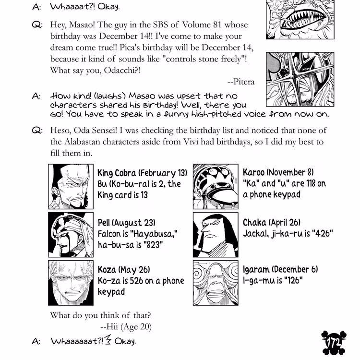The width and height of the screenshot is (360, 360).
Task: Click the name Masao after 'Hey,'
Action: pyautogui.click(x=86, y=24)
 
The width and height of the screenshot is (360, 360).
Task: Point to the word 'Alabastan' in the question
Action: pyautogui.click(x=85, y=143)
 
